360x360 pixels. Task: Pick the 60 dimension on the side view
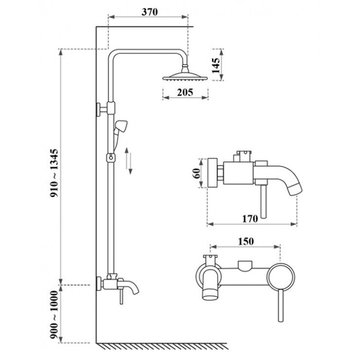pos(197,173)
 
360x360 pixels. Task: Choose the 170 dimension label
pos(250,218)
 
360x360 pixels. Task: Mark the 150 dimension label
pos(245,241)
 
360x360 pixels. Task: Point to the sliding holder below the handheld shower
pos(111,158)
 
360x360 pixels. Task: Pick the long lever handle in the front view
pos(281,306)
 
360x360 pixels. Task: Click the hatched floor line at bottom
pos(163,346)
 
